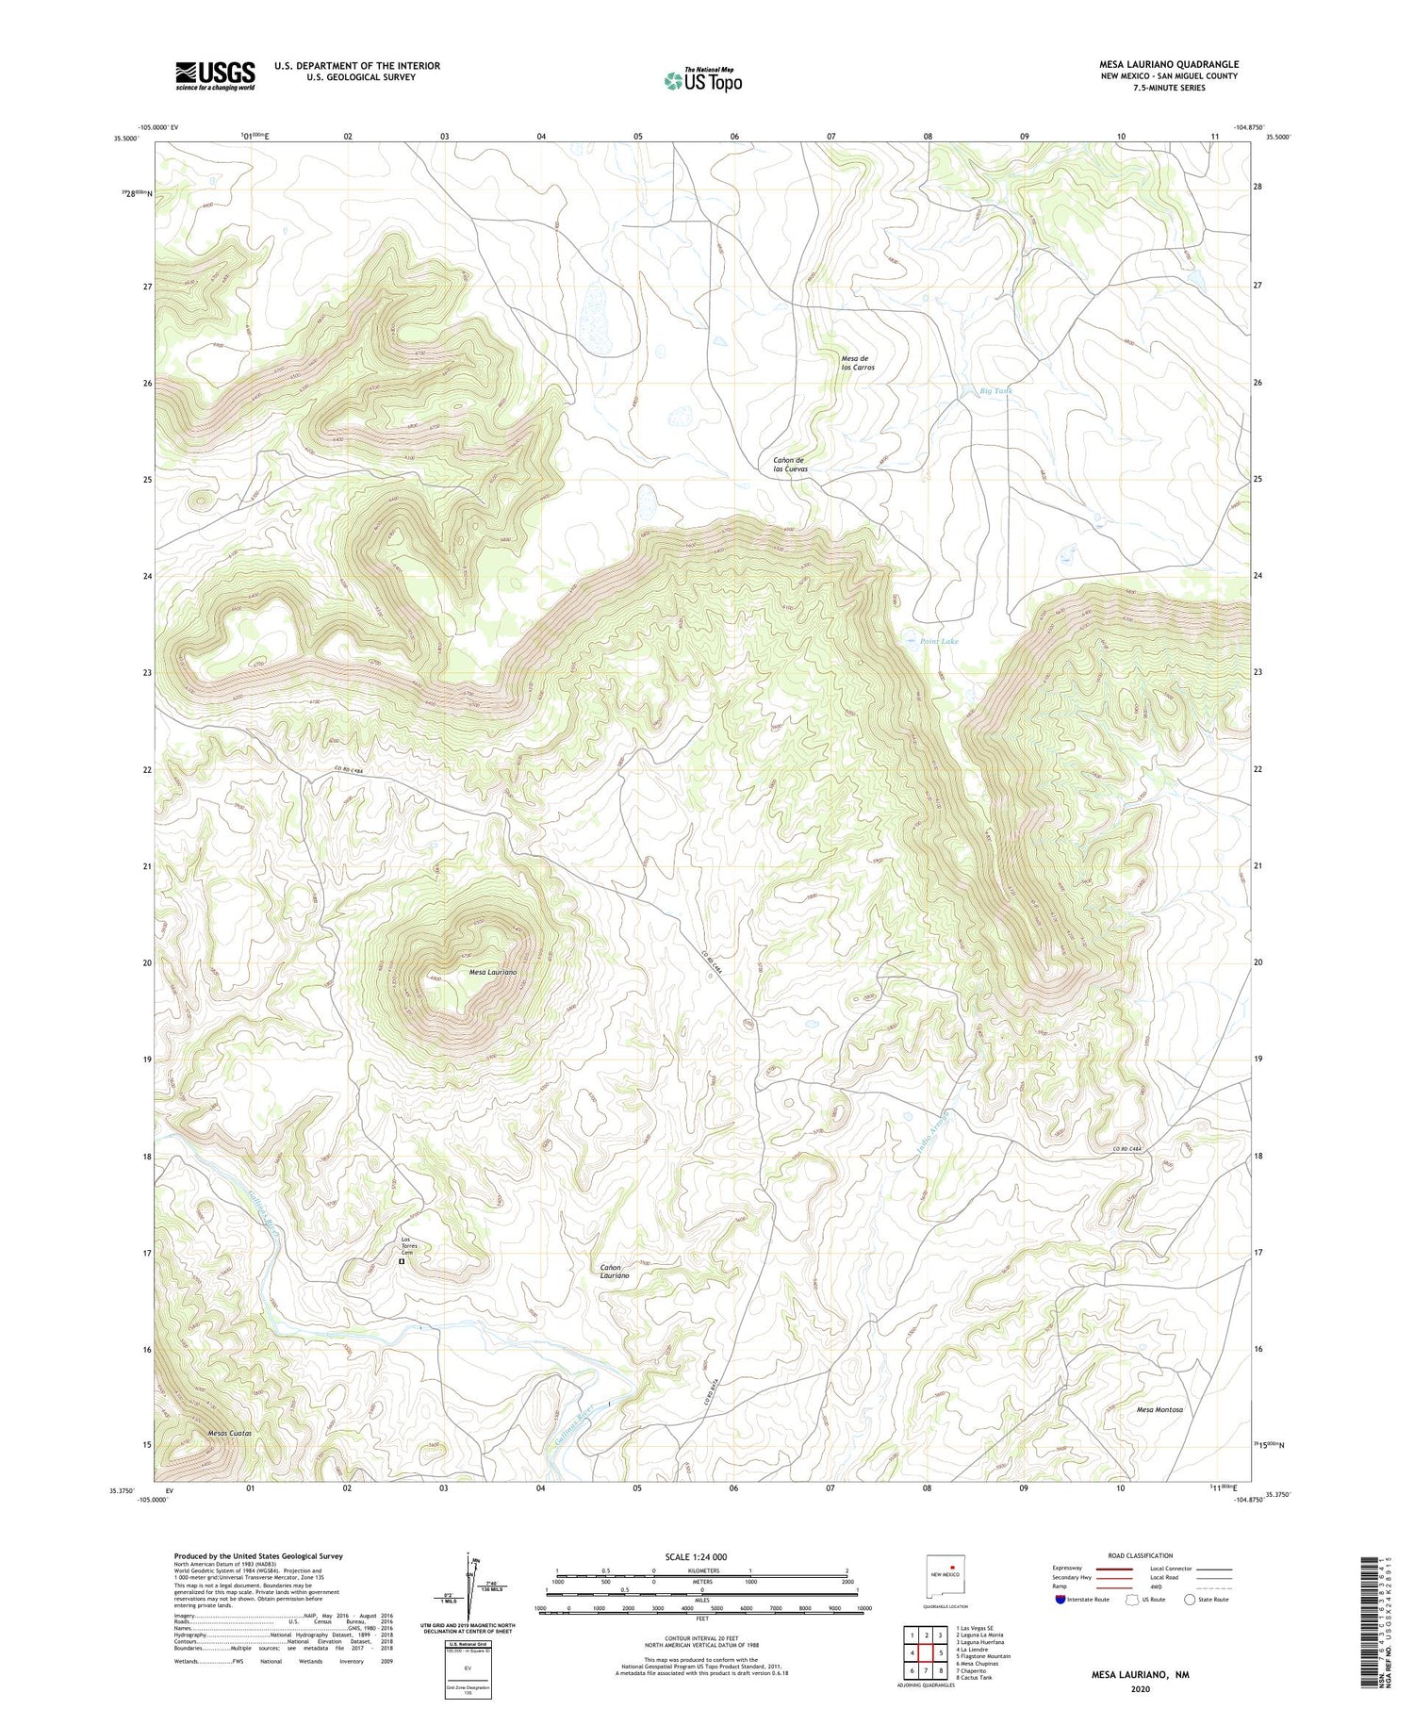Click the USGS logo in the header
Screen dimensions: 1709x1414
(x=215, y=75)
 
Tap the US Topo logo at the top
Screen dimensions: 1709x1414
(x=702, y=80)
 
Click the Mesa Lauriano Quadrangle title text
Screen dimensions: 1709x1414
(x=1168, y=64)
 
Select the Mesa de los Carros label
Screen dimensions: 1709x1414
(x=857, y=362)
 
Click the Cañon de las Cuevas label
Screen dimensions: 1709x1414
(x=790, y=464)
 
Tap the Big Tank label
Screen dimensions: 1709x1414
(x=995, y=390)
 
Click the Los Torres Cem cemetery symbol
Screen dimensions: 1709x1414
(x=402, y=1260)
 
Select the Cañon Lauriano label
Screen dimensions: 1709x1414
(x=615, y=1271)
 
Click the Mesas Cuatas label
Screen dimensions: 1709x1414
(x=229, y=1433)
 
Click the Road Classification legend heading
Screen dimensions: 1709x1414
(x=1141, y=1555)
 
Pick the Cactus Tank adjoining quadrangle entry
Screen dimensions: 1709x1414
(x=973, y=1677)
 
